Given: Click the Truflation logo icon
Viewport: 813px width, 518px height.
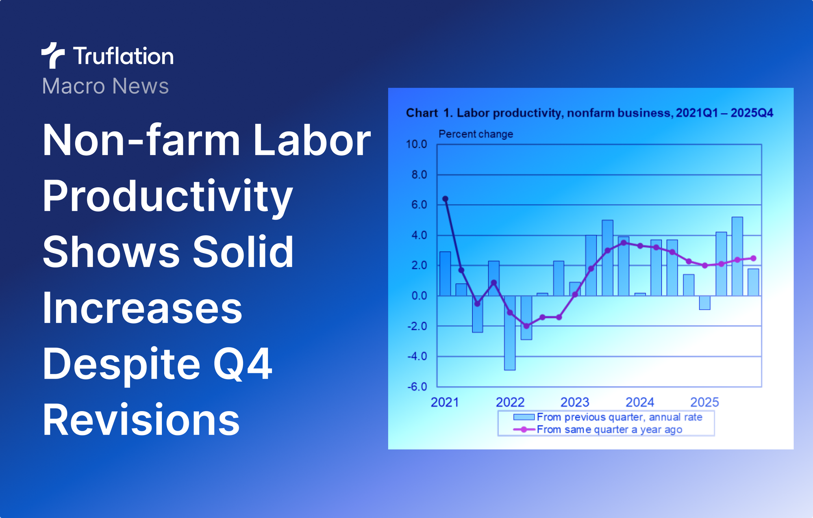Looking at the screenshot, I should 53,55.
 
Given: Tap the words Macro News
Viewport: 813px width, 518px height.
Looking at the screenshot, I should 105,86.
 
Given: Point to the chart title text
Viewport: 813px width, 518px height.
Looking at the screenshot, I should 589,113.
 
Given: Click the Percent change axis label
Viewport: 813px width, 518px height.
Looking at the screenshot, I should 476,134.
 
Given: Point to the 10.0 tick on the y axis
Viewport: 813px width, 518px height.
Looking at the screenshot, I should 416,144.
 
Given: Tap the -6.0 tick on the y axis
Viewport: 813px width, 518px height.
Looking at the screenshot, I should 417,387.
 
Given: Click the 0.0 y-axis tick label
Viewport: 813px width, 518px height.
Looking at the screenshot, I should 419,296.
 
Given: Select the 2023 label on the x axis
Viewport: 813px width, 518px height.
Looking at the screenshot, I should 575,402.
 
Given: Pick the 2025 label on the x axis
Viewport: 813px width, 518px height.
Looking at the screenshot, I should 704,402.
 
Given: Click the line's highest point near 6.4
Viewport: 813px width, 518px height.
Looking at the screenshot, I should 445,199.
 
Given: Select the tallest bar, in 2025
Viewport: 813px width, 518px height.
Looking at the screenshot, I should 737,256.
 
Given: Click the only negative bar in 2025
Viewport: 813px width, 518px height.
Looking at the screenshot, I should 704,303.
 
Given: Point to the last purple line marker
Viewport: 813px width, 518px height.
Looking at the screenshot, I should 753,258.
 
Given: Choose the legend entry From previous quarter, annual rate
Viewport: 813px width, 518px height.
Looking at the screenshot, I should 619,417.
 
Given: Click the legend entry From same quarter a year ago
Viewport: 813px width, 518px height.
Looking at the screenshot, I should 609,429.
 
